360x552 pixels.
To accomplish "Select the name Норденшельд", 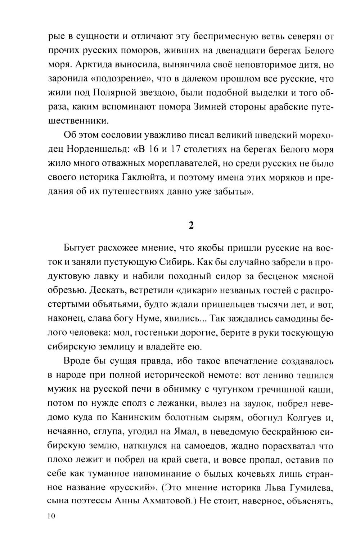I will pos(89,149).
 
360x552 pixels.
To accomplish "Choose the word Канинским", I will pos(124,417).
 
